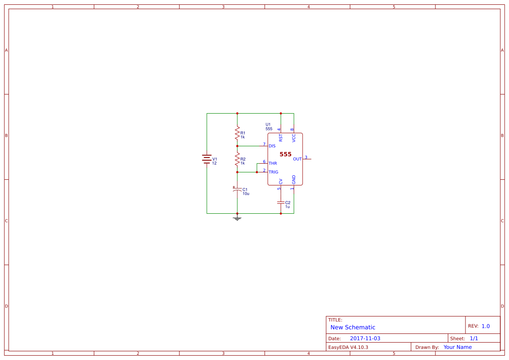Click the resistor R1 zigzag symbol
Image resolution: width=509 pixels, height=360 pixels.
tap(237, 132)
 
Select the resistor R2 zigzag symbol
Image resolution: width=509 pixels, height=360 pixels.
tap(237, 159)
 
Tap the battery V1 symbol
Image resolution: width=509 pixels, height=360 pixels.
tap(207, 159)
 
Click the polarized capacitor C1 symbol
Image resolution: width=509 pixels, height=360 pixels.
tap(237, 190)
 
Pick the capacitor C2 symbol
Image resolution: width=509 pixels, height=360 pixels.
tap(281, 203)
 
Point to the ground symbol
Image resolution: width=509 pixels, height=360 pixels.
tap(237, 218)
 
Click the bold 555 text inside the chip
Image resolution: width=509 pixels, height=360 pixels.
tap(286, 155)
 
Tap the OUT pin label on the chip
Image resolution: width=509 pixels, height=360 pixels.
tap(297, 159)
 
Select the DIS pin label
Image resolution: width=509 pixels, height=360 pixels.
tap(272, 146)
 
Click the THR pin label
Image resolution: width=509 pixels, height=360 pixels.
tap(273, 163)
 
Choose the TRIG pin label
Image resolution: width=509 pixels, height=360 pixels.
tap(273, 172)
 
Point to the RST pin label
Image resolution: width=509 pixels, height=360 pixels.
tap(281, 138)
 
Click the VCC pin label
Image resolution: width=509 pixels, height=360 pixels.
tap(294, 138)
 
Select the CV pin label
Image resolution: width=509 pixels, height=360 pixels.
tap(281, 181)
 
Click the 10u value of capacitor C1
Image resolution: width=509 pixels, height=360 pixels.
tap(246, 194)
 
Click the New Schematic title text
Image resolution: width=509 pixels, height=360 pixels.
tap(353, 327)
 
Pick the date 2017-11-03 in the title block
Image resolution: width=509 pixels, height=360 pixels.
tap(365, 338)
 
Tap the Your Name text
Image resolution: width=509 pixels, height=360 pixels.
tap(458, 347)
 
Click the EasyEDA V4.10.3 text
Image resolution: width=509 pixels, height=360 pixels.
tap(348, 347)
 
